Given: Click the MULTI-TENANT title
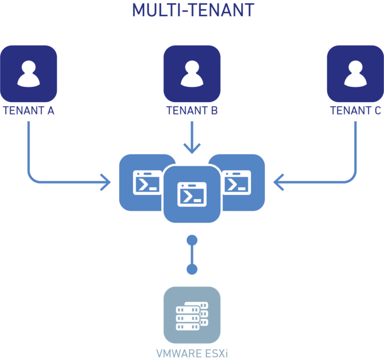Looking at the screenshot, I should [193, 10].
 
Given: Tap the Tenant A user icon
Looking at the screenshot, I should [29, 74].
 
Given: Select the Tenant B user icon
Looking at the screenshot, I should [192, 74].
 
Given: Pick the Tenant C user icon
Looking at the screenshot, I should [355, 74].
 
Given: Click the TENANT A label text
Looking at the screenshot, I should [29, 111].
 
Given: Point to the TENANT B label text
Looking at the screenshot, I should [192, 111].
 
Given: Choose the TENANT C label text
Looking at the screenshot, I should [355, 111].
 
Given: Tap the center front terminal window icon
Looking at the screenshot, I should [192, 194].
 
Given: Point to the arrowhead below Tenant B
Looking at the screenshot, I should [192, 149].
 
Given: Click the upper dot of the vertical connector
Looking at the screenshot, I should [192, 239].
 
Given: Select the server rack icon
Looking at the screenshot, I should [192, 314].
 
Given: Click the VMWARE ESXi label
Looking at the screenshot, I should [192, 353].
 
